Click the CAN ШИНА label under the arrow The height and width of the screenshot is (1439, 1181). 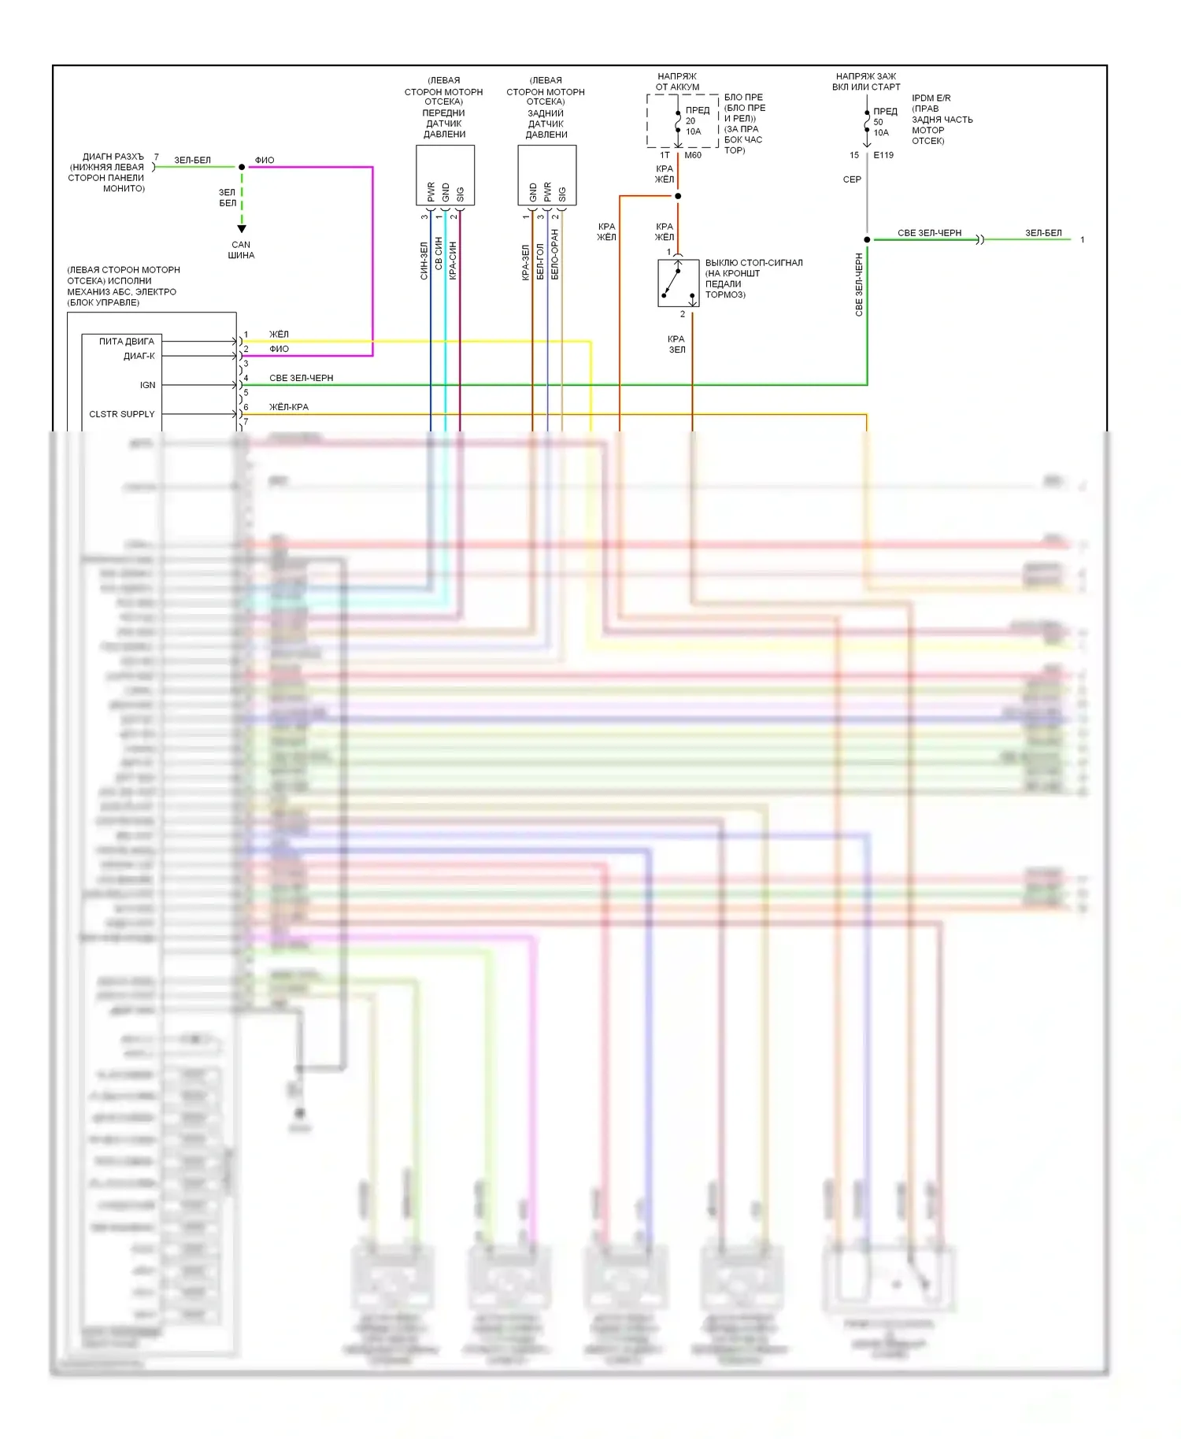click(241, 250)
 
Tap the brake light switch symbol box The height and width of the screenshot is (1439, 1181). click(678, 283)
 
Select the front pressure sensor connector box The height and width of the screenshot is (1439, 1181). click(445, 175)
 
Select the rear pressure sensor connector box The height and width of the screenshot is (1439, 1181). click(546, 175)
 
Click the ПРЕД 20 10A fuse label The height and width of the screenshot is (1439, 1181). click(696, 120)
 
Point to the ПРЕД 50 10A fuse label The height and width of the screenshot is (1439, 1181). click(884, 122)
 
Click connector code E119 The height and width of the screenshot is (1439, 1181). click(883, 155)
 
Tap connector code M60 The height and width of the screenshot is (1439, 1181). click(693, 155)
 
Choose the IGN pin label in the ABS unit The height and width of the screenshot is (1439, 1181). click(147, 385)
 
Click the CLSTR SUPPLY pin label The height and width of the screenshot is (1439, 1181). click(121, 414)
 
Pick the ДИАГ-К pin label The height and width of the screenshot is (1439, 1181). click(139, 356)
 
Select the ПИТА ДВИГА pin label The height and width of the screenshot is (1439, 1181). click(126, 342)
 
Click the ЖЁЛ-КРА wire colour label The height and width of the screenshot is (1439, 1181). click(289, 407)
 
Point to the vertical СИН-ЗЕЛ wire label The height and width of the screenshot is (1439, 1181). click(424, 261)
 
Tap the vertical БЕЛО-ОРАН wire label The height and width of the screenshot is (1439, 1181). click(555, 254)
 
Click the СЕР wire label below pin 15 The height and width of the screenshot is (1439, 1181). click(852, 179)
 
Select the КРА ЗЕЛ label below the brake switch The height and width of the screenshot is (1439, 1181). click(676, 344)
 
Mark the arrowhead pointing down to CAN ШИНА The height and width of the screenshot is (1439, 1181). click(242, 229)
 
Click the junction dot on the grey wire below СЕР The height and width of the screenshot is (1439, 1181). click(867, 239)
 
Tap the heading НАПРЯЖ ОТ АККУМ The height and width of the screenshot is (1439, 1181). click(677, 82)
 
